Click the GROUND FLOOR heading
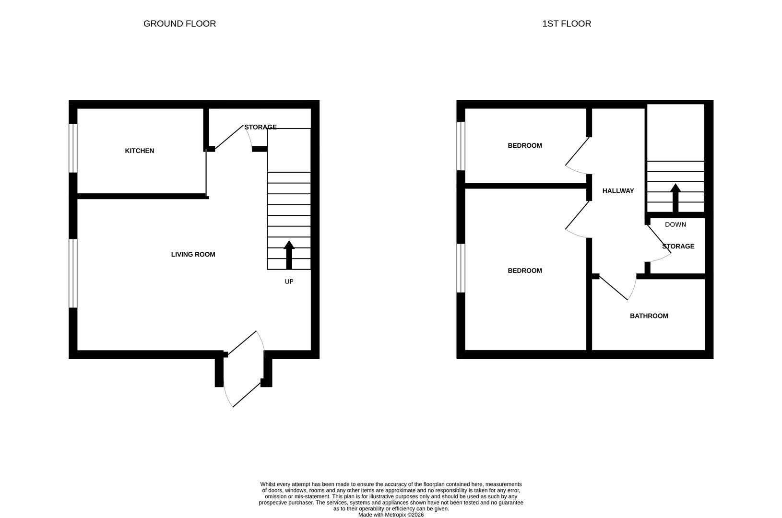coord(179,24)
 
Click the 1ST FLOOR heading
coord(566,24)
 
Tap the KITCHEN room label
coord(139,151)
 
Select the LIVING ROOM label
coord(193,254)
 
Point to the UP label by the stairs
coord(289,282)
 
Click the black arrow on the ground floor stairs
coord(289,254)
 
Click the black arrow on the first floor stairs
coord(675,198)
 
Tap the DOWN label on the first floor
coord(675,224)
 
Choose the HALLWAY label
coord(618,191)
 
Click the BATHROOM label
coord(649,316)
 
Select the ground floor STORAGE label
coord(261,127)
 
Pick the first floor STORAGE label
coord(678,246)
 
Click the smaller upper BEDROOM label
coord(524,145)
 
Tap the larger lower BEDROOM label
coord(524,271)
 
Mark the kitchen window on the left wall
coord(73,148)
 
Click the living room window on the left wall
coord(73,273)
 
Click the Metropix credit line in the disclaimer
coord(391,515)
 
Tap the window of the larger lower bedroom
coord(461,268)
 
